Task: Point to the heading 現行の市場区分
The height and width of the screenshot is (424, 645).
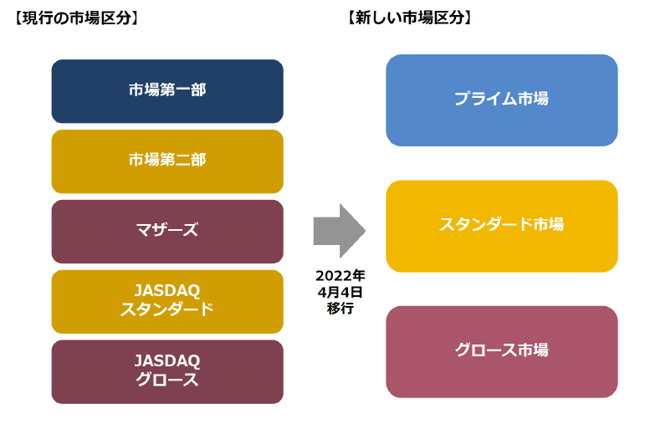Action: click(x=76, y=16)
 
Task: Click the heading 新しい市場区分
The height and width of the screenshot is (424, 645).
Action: click(x=409, y=16)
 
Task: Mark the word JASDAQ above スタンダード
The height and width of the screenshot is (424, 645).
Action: click(x=167, y=291)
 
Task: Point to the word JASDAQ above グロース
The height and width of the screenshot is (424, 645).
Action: click(x=167, y=361)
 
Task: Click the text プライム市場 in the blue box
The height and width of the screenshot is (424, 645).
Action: click(x=501, y=99)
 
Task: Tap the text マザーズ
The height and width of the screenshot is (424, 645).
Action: click(x=167, y=230)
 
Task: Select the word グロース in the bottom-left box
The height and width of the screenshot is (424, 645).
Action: click(x=167, y=381)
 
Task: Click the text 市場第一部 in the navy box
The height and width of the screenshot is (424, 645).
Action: click(x=167, y=90)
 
